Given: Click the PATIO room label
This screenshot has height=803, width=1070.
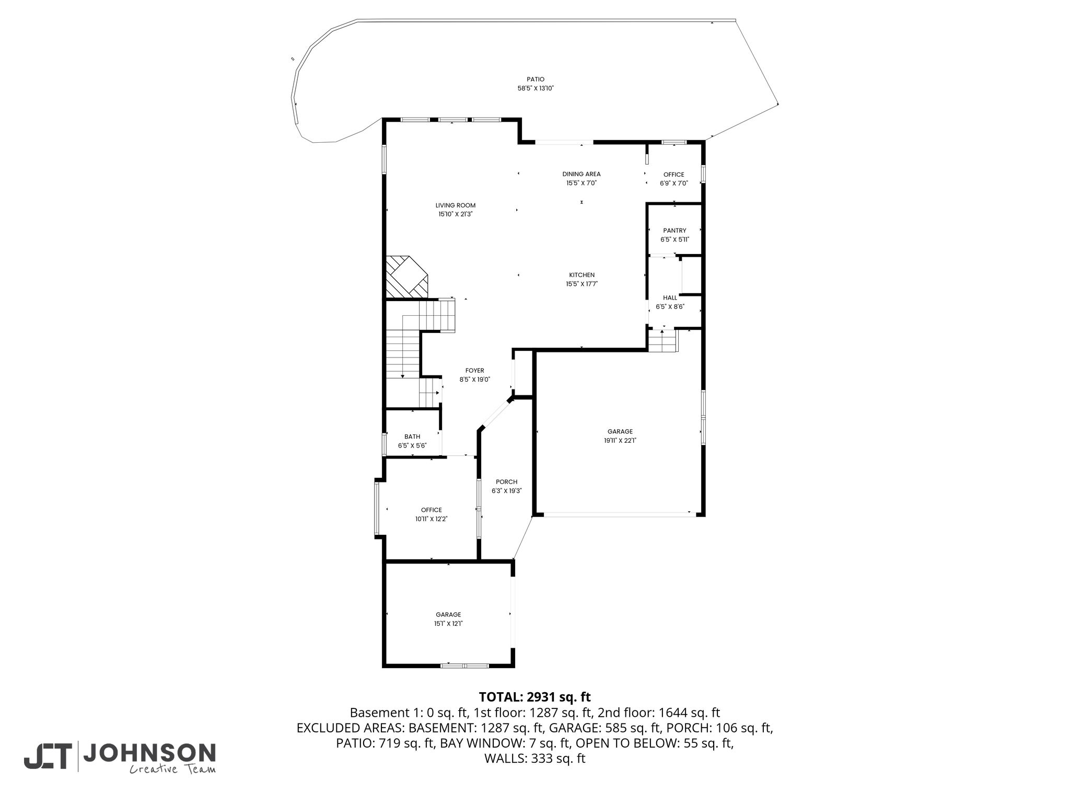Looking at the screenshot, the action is tap(535, 79).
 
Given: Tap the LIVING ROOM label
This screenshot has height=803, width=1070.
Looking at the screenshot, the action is tap(456, 205).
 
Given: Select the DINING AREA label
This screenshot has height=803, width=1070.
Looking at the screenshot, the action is tap(581, 174).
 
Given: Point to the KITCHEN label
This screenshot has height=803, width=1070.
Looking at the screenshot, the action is tap(581, 275).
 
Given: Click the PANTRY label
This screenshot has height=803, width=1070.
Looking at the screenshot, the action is tap(674, 231).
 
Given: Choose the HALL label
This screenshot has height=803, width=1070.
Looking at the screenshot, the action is tap(670, 298).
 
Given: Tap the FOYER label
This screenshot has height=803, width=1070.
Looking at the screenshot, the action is tap(475, 371).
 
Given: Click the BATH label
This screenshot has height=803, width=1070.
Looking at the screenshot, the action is tap(412, 437).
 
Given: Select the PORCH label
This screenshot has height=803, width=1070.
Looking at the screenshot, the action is tap(507, 482).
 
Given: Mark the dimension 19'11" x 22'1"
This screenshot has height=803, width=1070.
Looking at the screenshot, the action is tap(620, 440).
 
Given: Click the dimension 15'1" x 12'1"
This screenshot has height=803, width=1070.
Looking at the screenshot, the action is tap(449, 624).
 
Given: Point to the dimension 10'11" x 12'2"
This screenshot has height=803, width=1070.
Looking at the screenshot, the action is tap(432, 519).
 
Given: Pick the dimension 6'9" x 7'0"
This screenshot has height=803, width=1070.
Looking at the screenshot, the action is tap(673, 183).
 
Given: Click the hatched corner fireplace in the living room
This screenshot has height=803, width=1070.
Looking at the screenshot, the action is tap(406, 277).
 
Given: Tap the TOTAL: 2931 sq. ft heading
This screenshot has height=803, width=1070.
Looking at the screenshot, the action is tap(534, 697).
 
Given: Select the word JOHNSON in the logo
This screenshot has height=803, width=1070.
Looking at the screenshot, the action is tap(149, 753).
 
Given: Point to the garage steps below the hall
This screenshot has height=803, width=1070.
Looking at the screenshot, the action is tap(662, 340).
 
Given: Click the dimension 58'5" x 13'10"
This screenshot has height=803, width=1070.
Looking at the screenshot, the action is tap(535, 89).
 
